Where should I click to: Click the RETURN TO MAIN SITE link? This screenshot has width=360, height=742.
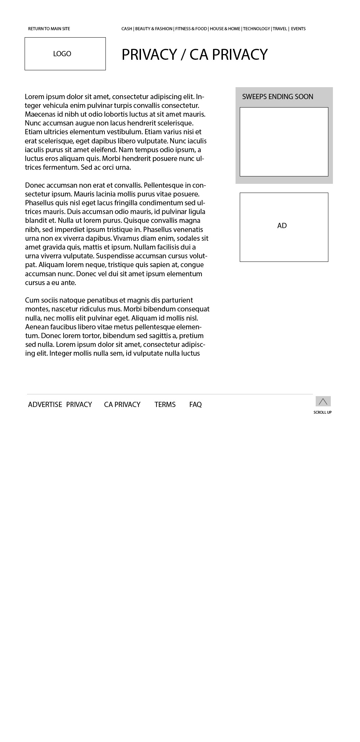click(49, 29)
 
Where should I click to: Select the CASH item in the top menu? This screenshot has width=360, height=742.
click(127, 29)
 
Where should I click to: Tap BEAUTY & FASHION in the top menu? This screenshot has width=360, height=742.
click(154, 29)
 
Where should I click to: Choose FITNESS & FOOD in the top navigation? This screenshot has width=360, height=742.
click(191, 29)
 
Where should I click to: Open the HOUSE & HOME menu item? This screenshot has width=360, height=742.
click(225, 29)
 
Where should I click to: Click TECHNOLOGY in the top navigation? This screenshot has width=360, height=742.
click(256, 29)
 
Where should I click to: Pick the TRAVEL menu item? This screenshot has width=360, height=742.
click(280, 29)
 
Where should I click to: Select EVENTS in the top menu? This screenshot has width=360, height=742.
click(298, 29)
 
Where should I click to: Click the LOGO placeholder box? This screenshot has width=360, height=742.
click(65, 54)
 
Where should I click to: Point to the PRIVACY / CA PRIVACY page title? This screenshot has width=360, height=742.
click(194, 54)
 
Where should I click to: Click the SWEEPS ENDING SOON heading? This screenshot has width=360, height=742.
click(277, 97)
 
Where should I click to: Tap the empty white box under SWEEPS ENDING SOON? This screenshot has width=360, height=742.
click(284, 142)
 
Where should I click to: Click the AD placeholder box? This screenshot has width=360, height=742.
click(284, 227)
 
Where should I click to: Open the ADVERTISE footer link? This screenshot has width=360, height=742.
click(45, 405)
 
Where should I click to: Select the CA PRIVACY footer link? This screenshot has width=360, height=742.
click(122, 405)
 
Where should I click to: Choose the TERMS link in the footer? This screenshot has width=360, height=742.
click(165, 405)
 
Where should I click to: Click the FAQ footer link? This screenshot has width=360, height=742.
click(195, 405)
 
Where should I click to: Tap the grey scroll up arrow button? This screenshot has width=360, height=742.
click(323, 401)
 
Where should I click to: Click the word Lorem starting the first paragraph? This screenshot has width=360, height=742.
click(34, 97)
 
